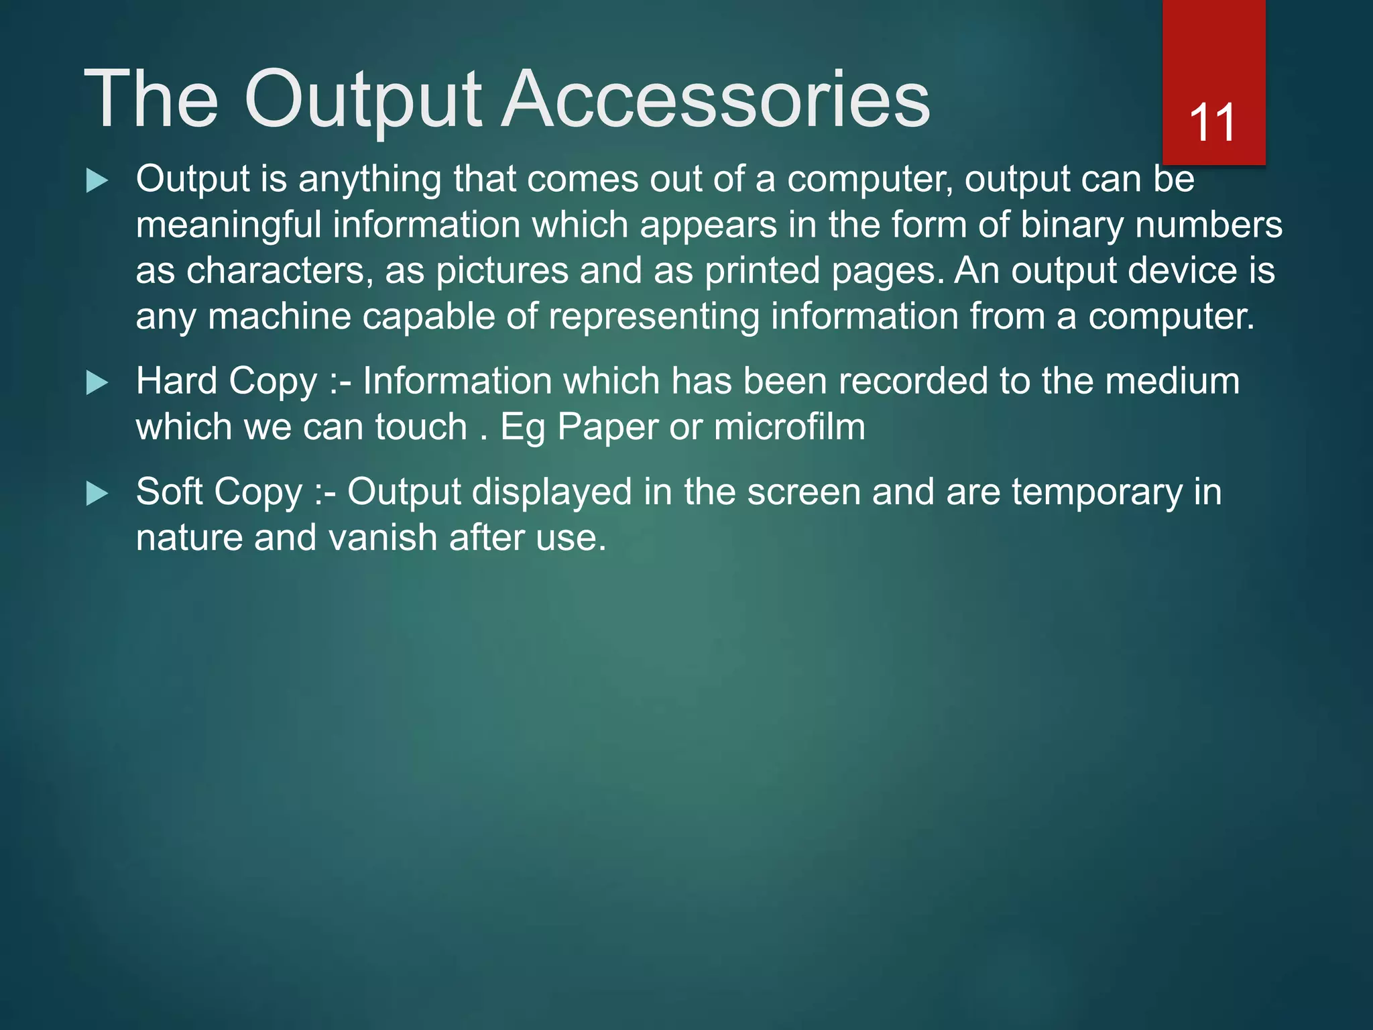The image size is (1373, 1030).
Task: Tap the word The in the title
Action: click(152, 99)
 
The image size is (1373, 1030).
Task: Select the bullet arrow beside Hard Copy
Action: click(97, 383)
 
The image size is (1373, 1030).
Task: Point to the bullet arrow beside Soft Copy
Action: click(97, 494)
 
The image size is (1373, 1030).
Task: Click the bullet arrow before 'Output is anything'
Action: click(97, 181)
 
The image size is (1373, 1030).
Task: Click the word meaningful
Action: click(229, 225)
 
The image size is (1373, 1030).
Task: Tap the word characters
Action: click(276, 271)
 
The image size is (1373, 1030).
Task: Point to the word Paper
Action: click(607, 427)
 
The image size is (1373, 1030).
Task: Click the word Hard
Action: click(176, 382)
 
